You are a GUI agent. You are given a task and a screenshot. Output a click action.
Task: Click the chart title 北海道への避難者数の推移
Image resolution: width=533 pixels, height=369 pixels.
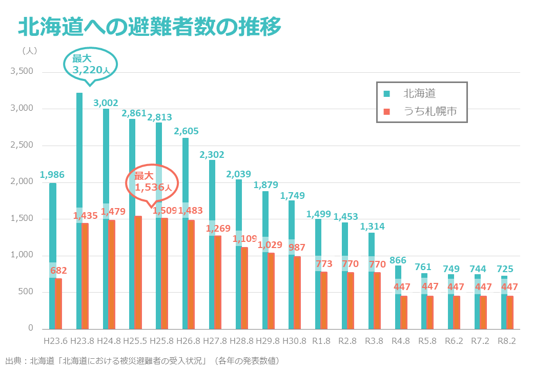(x=149, y=27)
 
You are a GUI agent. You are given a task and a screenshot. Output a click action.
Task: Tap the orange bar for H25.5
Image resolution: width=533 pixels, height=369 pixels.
(x=138, y=272)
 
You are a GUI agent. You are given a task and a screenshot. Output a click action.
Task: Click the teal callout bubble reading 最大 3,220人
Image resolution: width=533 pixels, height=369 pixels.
(x=90, y=64)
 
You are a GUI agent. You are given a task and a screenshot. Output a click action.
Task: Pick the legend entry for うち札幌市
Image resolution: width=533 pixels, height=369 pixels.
(x=420, y=111)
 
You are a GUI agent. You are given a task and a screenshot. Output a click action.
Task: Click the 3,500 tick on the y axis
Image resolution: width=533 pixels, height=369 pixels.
(x=22, y=72)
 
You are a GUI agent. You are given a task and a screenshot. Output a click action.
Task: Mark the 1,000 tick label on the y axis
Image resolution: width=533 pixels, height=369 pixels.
(x=22, y=255)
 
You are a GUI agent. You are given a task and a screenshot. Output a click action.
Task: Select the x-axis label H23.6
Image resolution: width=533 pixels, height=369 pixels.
(x=56, y=341)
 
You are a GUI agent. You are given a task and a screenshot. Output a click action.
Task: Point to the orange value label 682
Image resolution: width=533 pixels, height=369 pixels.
(x=58, y=271)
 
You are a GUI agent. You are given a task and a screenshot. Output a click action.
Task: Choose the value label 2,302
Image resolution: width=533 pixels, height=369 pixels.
(x=212, y=154)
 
